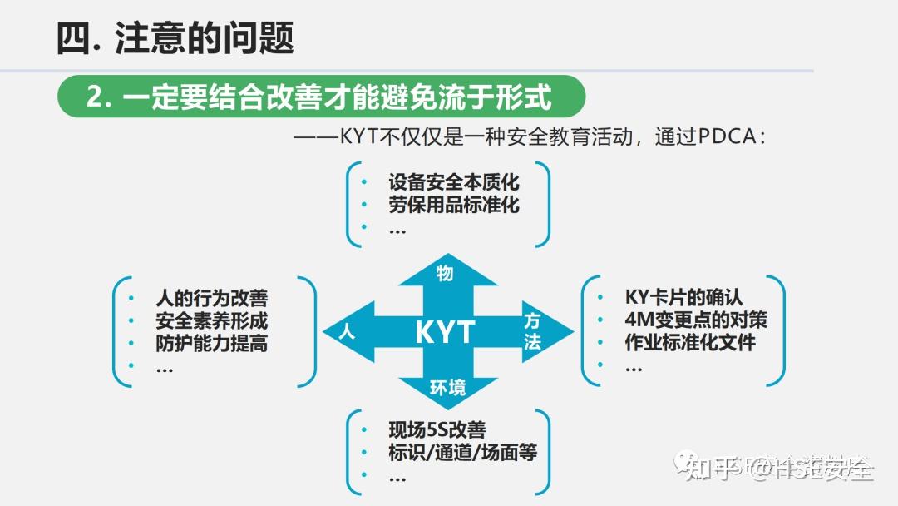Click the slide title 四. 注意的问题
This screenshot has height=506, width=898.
tap(175, 38)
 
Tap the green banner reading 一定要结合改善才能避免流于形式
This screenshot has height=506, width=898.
tap(320, 97)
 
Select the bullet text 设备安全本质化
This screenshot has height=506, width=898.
tap(453, 181)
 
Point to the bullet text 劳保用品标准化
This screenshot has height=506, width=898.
tap(453, 205)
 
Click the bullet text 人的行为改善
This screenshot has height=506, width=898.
tap(211, 298)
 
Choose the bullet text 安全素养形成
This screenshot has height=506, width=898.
tap(211, 320)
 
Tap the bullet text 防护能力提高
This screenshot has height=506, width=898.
tap(211, 343)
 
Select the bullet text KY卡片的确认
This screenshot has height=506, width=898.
tap(683, 297)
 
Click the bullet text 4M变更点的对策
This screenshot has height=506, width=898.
tap(695, 320)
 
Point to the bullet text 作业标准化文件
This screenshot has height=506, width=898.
tap(690, 342)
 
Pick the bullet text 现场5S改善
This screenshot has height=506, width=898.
tap(437, 430)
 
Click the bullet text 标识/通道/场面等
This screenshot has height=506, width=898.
tap(462, 453)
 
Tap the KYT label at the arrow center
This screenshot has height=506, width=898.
tap(445, 333)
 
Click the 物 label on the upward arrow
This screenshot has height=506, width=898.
tap(445, 273)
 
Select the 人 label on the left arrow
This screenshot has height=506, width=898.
tap(348, 332)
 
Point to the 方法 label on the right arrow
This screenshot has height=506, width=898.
tap(532, 331)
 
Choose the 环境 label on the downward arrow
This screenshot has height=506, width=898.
tap(447, 387)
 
